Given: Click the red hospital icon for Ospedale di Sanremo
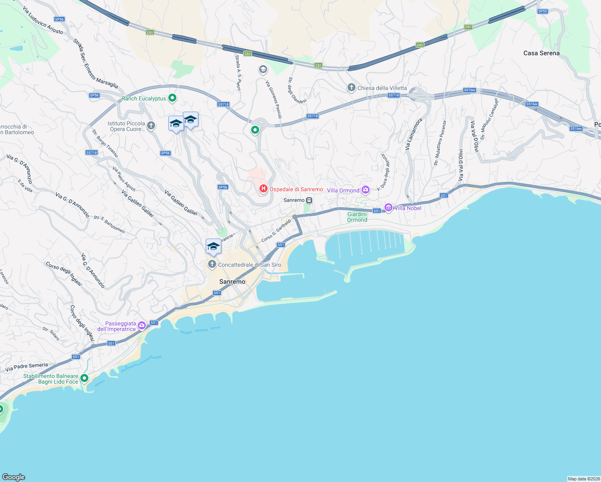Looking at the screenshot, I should (x=263, y=188).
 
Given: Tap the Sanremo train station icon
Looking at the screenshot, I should (x=309, y=200).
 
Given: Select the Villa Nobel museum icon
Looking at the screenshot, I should (x=388, y=208).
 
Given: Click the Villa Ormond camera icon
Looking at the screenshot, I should (x=365, y=190).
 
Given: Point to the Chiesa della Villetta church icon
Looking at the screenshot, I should (x=351, y=88).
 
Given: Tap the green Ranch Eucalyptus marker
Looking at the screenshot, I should (x=172, y=98).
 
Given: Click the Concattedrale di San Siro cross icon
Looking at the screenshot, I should (x=212, y=264).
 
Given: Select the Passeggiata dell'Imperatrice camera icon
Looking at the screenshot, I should (x=141, y=326).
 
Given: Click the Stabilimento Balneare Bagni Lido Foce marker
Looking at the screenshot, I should (x=84, y=378).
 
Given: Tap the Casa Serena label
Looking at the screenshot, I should (x=541, y=53).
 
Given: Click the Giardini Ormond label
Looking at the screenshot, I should (x=357, y=217).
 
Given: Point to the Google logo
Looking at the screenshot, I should (x=14, y=477).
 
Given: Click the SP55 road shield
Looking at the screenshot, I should (x=542, y=11).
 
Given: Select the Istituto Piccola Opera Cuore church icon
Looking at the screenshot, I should (x=151, y=126).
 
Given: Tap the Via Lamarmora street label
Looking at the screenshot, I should (x=413, y=134).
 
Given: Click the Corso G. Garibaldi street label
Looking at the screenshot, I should (x=276, y=231).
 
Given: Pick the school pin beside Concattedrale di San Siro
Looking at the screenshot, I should (x=213, y=247).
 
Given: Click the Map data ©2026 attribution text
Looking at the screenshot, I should (x=584, y=479).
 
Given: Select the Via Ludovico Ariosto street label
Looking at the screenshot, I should (x=43, y=20).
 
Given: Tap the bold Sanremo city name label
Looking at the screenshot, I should (x=232, y=282).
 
